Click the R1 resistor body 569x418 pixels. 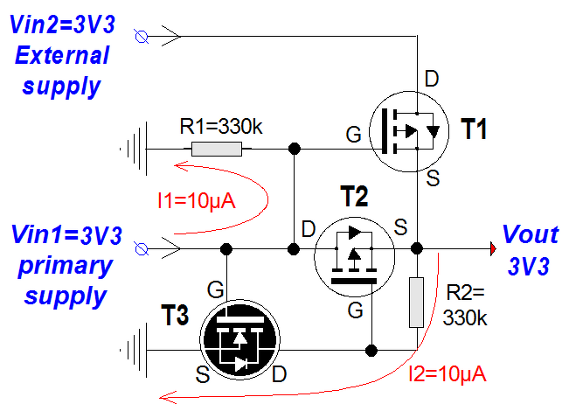pos(217,149)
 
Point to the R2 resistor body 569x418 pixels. pos(416,302)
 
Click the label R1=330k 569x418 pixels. pos(220,126)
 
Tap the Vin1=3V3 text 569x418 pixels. pos(66,235)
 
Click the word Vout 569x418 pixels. pos(531,234)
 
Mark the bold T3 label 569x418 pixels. pos(174,316)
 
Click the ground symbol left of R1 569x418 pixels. pos(131,149)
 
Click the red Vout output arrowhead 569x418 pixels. pos(494,249)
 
